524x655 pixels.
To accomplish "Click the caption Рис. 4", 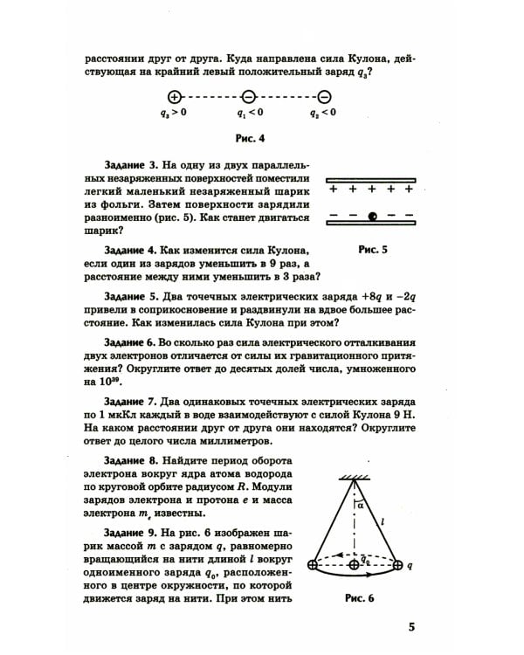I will pyautogui.click(x=250, y=138).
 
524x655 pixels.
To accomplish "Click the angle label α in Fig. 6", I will pyautogui.click(x=359, y=504).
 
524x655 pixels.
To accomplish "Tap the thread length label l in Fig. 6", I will pyautogui.click(x=383, y=519).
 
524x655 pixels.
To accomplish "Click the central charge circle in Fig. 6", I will pyautogui.click(x=354, y=565).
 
